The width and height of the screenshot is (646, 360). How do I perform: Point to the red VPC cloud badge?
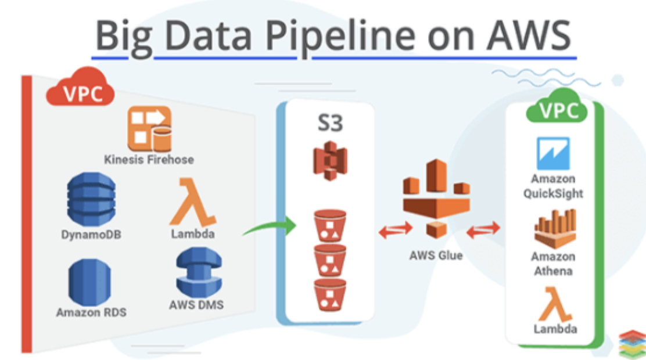coord(80,91)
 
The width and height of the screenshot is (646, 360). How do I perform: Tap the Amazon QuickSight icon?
coord(553,153)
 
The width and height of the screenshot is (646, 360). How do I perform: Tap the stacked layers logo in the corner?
coord(631,344)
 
